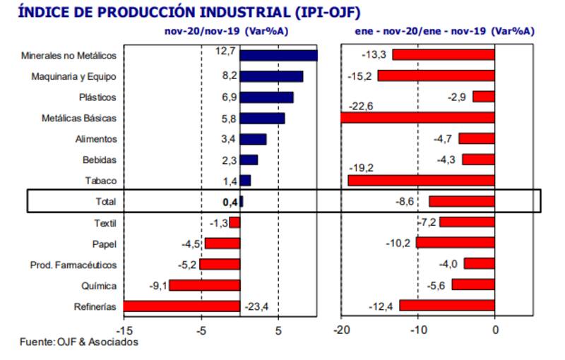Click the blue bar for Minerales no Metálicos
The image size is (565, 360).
278,56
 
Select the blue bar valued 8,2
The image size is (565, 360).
271,76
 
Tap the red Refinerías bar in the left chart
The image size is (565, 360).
182,306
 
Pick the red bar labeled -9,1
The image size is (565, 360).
204,285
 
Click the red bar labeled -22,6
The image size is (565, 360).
417,118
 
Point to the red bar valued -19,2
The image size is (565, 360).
421,181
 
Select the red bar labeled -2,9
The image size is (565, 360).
484,97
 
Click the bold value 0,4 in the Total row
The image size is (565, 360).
230,201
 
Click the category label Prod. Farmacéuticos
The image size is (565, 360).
73,265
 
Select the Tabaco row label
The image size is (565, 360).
102,181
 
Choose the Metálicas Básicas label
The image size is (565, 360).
79,118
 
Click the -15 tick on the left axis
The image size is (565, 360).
124,329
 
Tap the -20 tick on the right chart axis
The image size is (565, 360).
340,329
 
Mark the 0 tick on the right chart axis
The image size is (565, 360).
495,329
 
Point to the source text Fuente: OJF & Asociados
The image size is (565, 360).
78,342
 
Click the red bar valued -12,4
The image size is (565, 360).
447,306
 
